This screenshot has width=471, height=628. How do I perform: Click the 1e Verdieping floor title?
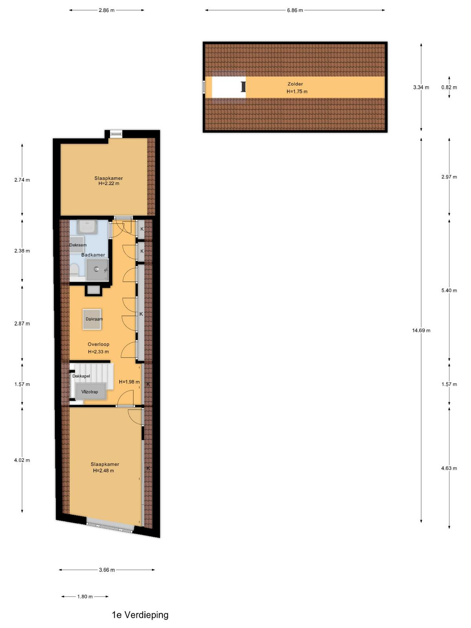click(140, 615)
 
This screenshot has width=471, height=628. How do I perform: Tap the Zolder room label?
click(295, 84)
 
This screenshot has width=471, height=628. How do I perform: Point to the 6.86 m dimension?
click(295, 10)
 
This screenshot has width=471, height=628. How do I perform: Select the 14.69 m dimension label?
click(421, 330)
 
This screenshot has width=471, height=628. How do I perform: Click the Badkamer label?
click(93, 255)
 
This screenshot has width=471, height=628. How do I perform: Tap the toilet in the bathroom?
click(74, 270)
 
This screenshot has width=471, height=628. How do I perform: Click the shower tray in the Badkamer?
click(97, 270)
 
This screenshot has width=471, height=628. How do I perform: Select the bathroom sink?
click(87, 227)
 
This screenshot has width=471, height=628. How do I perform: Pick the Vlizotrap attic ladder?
click(90, 392)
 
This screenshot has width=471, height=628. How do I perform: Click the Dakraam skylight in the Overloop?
click(92, 319)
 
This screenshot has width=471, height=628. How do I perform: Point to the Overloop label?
click(99, 345)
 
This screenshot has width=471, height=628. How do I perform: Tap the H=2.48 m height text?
click(104, 471)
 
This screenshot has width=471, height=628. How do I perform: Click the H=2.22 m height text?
click(109, 183)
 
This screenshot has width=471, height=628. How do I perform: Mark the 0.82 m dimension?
click(449, 87)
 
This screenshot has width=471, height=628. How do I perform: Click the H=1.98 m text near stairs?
click(129, 382)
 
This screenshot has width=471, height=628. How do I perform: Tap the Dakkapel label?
click(81, 376)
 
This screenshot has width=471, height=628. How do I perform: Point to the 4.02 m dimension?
click(22, 460)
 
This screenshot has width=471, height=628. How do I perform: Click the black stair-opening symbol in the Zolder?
click(243, 87)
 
